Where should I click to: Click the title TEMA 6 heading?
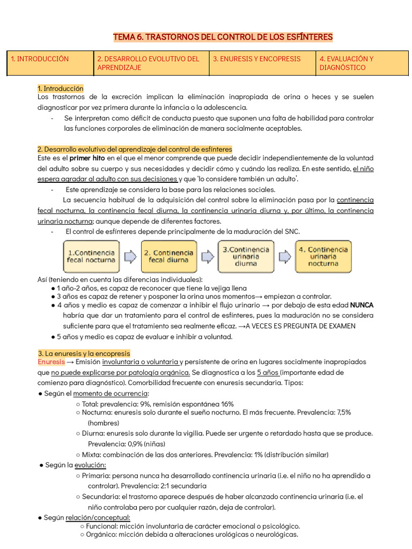click(x=223, y=37)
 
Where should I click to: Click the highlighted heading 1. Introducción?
click(x=61, y=88)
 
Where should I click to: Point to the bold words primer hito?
click(x=87, y=158)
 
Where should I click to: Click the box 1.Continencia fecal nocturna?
click(x=91, y=256)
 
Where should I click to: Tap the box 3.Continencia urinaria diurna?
click(x=246, y=256)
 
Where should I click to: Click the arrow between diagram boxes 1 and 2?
click(x=130, y=256)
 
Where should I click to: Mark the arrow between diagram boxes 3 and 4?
click(x=284, y=256)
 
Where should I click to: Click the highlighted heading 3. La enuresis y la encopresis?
click(x=84, y=353)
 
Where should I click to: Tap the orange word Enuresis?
click(x=51, y=362)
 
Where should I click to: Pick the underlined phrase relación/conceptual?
click(x=98, y=517)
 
